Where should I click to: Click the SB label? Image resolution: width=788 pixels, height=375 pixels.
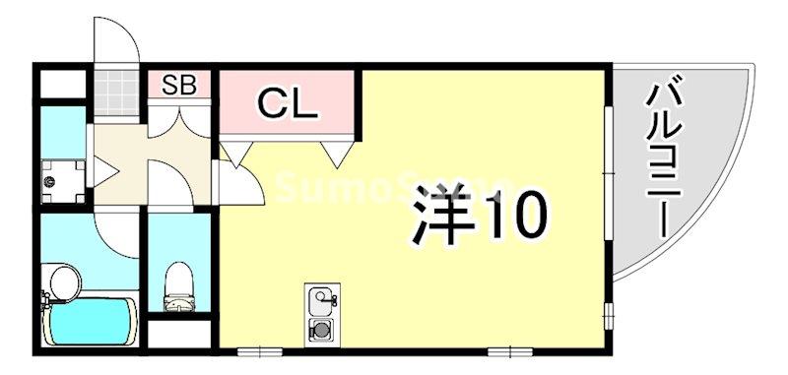point(180,85)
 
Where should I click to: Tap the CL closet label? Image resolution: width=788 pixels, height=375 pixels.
point(287,101)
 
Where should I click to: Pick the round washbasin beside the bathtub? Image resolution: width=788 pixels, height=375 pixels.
point(64,281)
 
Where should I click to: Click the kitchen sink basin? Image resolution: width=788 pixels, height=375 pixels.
point(322,298)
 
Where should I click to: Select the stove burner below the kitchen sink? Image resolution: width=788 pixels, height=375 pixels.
point(321,330)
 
